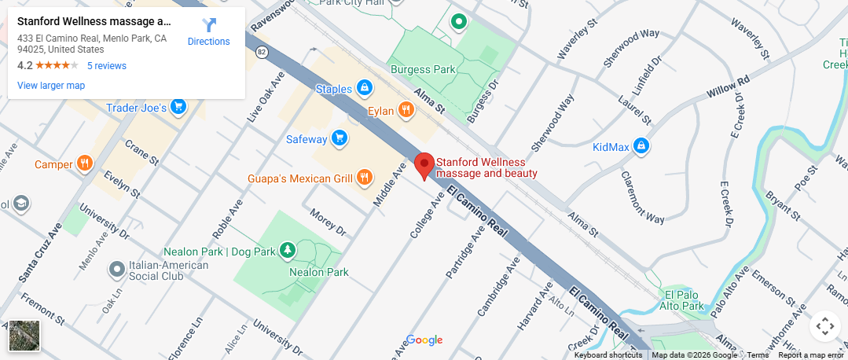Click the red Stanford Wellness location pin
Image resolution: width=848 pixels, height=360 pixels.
424,166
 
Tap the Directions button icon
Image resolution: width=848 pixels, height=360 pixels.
208,25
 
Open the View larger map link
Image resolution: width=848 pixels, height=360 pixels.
51,86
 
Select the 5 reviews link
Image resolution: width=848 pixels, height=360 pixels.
107,66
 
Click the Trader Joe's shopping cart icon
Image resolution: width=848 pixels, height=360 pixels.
178,106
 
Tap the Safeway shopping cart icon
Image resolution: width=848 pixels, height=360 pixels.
340,139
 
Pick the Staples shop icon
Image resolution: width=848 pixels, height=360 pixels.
364,87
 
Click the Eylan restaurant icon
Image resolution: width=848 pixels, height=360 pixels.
406,110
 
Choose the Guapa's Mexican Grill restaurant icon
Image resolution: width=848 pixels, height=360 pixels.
364,178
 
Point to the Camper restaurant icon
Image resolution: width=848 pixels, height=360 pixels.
84,163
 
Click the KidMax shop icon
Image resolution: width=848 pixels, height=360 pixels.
641,145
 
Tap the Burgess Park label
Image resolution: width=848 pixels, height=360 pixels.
423,69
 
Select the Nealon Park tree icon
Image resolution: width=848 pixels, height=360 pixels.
289,250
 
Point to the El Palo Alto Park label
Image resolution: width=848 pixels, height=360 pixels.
681,299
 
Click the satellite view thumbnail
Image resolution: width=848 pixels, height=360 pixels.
24,336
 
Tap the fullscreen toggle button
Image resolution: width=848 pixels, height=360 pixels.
824,325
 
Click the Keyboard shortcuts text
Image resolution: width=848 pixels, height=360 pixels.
608,355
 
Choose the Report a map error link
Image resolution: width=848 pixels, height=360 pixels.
811,355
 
